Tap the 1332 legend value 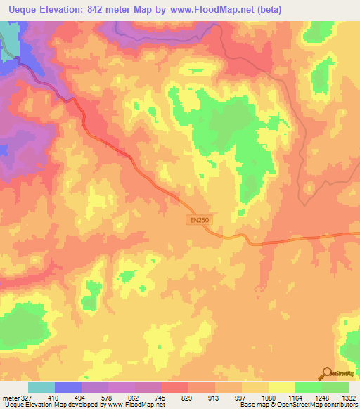click(348, 397)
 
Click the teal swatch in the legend click(41, 387)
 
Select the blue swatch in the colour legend click(68, 387)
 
